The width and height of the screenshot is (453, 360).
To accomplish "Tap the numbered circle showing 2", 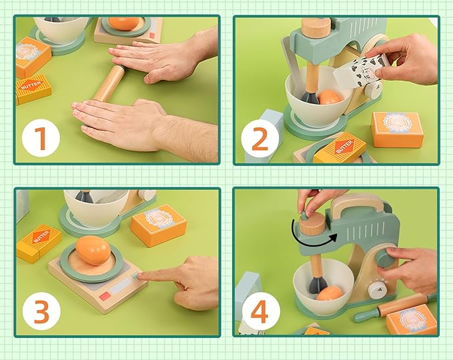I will (260, 138).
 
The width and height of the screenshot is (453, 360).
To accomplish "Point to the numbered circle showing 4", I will (260, 311).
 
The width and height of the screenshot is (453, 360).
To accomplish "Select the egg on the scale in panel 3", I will (93, 251).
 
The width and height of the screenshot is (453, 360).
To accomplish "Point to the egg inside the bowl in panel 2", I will (330, 98).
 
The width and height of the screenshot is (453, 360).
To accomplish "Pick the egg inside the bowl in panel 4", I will (329, 293).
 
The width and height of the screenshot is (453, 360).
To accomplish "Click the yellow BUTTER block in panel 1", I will (33, 89).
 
